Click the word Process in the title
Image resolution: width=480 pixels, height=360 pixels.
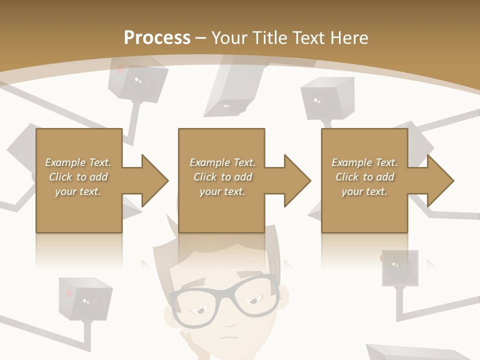[x=157, y=37]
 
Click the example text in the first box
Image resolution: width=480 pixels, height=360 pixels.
[x=78, y=177]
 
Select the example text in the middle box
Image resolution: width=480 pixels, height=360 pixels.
[x=222, y=177]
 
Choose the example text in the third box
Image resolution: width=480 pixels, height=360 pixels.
[x=364, y=177]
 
